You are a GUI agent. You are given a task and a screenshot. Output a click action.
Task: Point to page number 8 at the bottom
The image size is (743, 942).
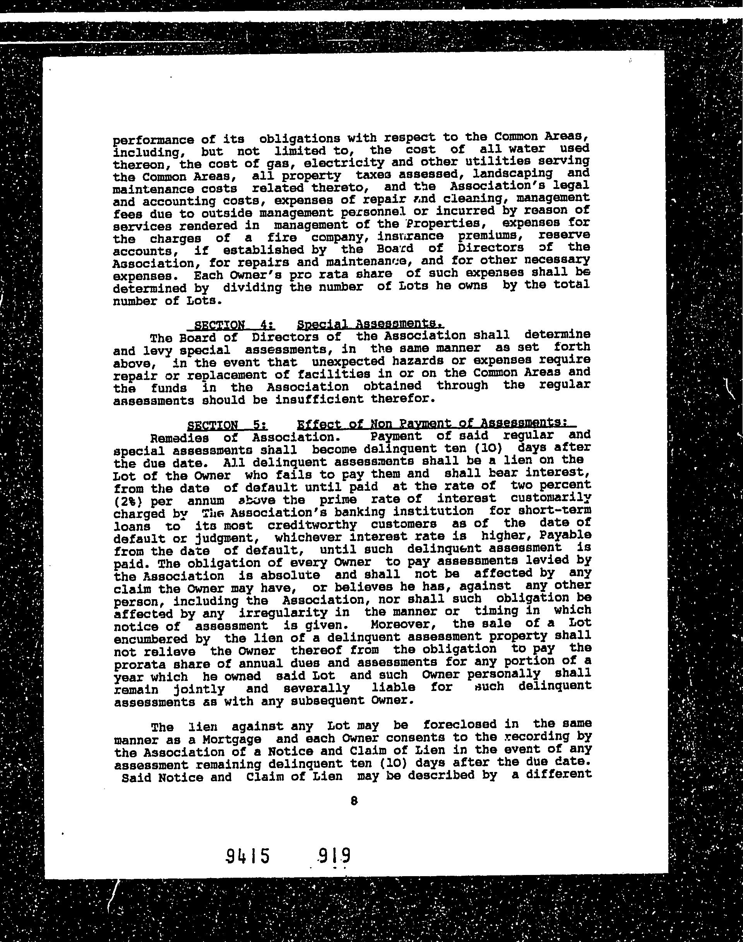[x=354, y=801]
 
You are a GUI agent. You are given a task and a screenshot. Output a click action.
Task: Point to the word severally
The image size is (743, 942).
[x=316, y=689]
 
